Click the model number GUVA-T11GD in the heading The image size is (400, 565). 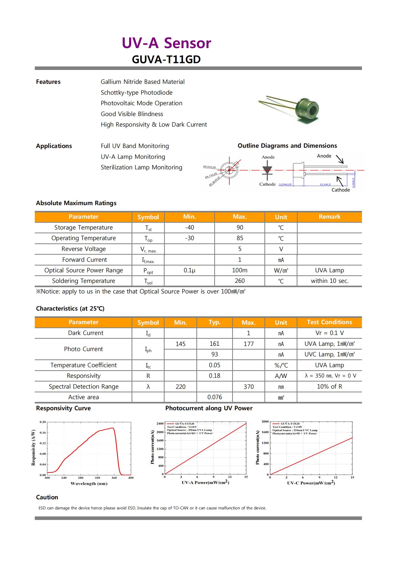tap(166, 59)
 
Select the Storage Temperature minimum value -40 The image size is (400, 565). tap(189, 228)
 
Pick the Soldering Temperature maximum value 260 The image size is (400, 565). tap(239, 281)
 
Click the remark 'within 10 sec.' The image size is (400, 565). tap(329, 281)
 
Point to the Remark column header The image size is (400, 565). tap(329, 217)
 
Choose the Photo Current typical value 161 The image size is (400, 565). tap(214, 344)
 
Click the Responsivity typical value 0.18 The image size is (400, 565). tap(214, 376)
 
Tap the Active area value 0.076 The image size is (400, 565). tap(214, 397)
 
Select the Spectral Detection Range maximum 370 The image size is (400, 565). tap(249, 387)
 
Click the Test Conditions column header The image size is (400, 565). tap(329, 322)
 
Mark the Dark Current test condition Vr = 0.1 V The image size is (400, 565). tap(329, 333)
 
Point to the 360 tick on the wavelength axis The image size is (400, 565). tap(114, 478)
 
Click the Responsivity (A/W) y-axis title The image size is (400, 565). tap(33, 448)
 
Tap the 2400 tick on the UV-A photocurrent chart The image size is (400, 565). tap(160, 424)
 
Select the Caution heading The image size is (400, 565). tap(47, 497)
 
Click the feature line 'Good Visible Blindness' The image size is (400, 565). tap(132, 114)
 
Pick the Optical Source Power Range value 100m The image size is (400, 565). tap(239, 270)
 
